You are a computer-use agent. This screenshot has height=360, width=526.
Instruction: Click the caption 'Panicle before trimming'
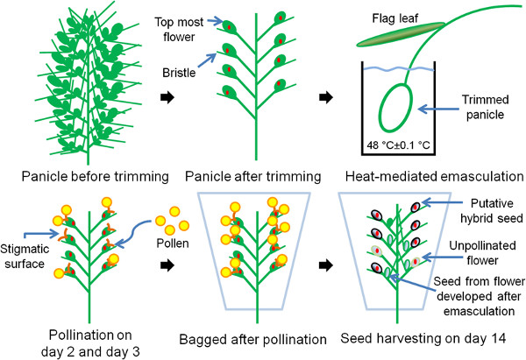pos(83,179)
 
